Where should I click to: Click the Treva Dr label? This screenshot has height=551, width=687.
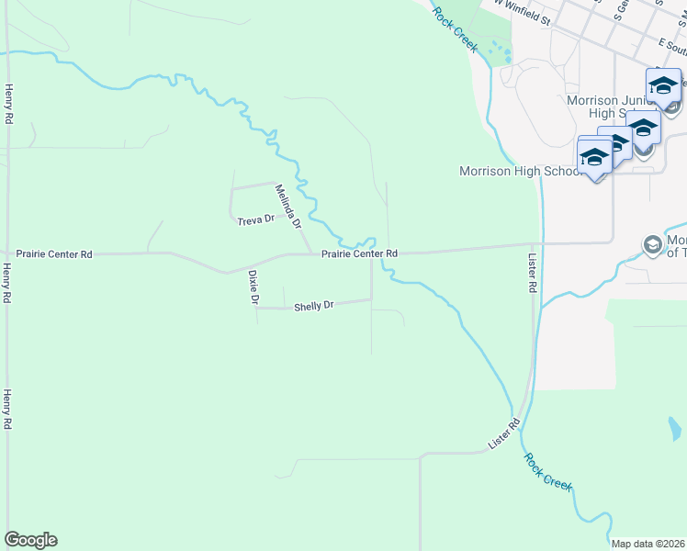click(256, 220)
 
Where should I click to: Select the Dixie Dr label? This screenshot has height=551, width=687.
click(253, 287)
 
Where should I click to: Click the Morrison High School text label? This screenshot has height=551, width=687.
click(520, 171)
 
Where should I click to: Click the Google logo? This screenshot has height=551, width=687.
click(30, 540)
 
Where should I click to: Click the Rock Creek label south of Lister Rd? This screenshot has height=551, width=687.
click(548, 471)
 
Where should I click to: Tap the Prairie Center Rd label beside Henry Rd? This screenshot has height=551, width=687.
click(55, 253)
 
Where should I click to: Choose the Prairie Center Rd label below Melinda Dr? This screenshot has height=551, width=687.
click(359, 253)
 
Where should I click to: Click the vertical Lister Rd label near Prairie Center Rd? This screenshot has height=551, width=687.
click(533, 274)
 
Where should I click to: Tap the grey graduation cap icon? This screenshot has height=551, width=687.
click(652, 244)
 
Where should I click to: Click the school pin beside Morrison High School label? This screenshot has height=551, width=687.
click(594, 157)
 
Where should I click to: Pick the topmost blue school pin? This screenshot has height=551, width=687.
click(663, 86)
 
